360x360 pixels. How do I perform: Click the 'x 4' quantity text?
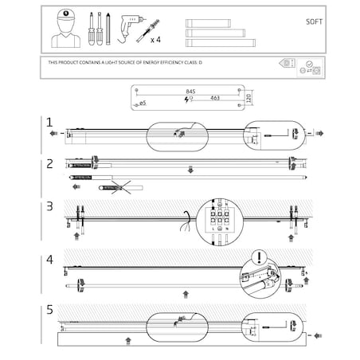pos(155,38)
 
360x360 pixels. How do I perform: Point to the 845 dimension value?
pos(189,92)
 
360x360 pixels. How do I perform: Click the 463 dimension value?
pos(214,98)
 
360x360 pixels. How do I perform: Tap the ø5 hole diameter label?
pos(143,104)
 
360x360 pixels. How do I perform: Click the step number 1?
pos(49,123)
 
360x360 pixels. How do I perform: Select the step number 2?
pos(49,163)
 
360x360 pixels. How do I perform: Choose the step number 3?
pos(49,207)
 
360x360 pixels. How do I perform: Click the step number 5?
pos(49,311)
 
